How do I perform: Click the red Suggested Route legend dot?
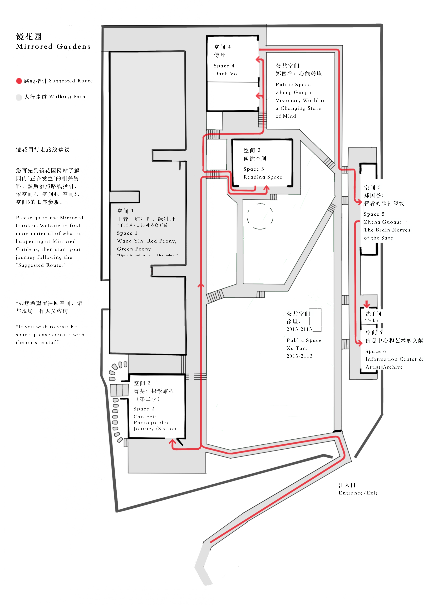(x=19, y=81)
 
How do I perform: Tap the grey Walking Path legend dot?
(x=19, y=97)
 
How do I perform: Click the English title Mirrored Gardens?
(x=53, y=47)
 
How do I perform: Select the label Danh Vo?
(x=225, y=74)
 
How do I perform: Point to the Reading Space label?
(x=263, y=177)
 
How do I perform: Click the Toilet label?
(x=372, y=321)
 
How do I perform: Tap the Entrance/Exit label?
(x=358, y=493)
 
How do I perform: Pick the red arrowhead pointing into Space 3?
(x=267, y=188)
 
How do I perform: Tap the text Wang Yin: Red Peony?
(x=147, y=241)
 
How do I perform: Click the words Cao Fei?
(x=145, y=417)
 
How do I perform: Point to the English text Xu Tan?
(x=297, y=348)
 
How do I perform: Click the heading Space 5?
(x=374, y=214)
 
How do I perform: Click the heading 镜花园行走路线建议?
(x=43, y=150)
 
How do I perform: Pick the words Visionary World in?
(x=301, y=100)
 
